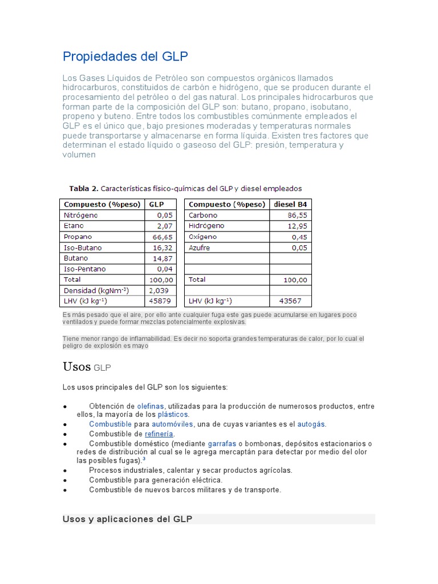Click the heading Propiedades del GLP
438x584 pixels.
pyautogui.click(x=125, y=57)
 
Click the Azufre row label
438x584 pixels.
pyautogui.click(x=199, y=248)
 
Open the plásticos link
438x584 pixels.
pyautogui.click(x=173, y=415)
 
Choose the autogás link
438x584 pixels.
pyautogui.click(x=311, y=424)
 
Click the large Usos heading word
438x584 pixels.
pyautogui.click(x=76, y=367)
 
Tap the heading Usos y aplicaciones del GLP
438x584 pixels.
pyautogui.click(x=127, y=519)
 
